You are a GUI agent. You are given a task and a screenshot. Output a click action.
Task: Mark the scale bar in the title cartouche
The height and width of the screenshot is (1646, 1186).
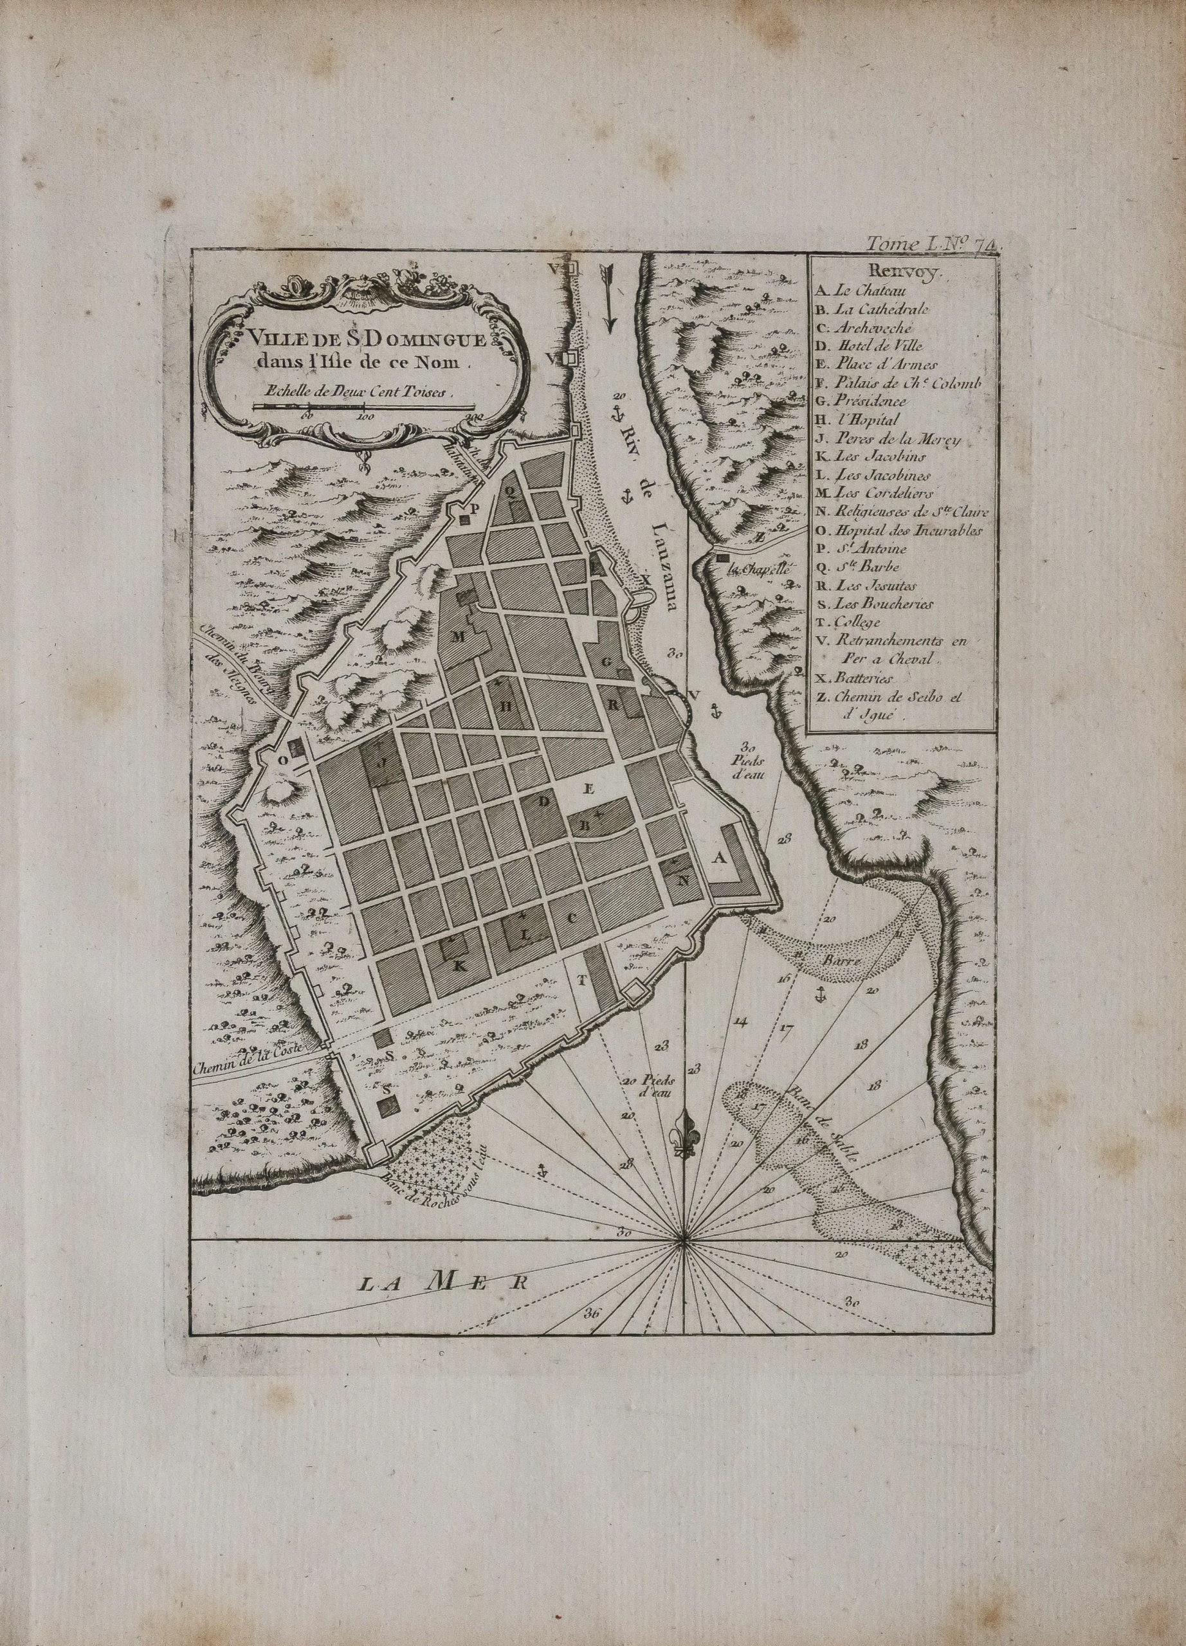coord(363,408)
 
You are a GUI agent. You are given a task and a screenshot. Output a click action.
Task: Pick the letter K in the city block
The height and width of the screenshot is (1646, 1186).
coord(459,966)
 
